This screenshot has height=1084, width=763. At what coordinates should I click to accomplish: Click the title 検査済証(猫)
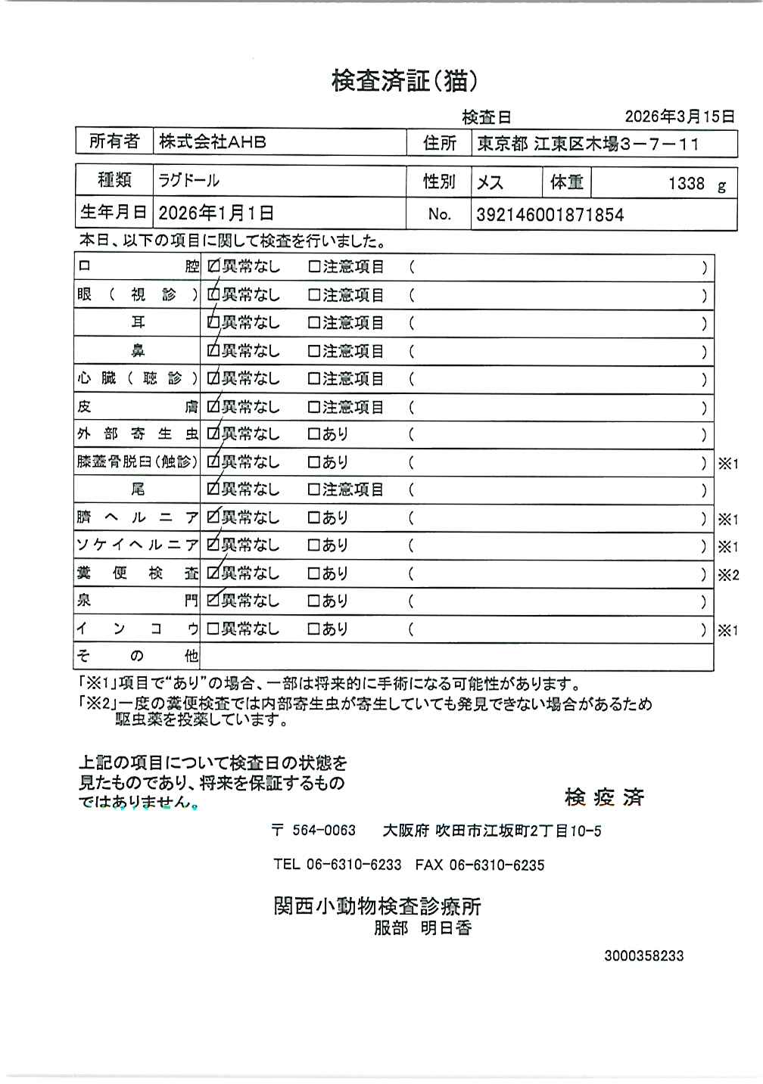pyautogui.click(x=404, y=80)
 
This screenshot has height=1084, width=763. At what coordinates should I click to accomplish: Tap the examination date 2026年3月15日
pyautogui.click(x=679, y=116)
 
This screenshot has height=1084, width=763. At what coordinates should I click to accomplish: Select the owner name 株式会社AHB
pyautogui.click(x=213, y=141)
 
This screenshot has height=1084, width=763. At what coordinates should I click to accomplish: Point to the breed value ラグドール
pyautogui.click(x=188, y=180)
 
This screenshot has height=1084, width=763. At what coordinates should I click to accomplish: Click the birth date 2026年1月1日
pyautogui.click(x=216, y=213)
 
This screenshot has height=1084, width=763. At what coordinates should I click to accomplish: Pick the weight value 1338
pyautogui.click(x=686, y=183)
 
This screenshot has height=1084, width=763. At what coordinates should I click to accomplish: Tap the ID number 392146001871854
pyautogui.click(x=550, y=214)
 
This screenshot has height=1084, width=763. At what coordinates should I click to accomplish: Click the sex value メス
pyautogui.click(x=490, y=182)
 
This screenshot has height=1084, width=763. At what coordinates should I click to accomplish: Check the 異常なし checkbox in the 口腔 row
pyautogui.click(x=213, y=267)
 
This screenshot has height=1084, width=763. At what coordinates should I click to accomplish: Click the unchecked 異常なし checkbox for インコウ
pyautogui.click(x=213, y=629)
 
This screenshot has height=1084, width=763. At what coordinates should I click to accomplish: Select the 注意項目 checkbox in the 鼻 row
pyautogui.click(x=314, y=351)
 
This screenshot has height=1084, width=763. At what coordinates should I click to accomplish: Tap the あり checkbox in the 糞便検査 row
pyautogui.click(x=314, y=573)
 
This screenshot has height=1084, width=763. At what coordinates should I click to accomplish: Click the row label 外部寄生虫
pyautogui.click(x=137, y=434)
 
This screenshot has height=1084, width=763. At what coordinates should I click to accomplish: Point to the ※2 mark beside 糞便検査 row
pyautogui.click(x=728, y=575)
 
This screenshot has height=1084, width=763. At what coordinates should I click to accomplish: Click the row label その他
pyautogui.click(x=137, y=656)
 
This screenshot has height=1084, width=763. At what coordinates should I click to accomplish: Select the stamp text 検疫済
pyautogui.click(x=604, y=797)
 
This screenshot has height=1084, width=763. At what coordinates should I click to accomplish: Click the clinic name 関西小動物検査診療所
pyautogui.click(x=377, y=905)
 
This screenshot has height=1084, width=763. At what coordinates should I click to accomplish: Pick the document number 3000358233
pyautogui.click(x=643, y=955)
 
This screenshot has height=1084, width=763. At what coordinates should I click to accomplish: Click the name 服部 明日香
pyautogui.click(x=422, y=927)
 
